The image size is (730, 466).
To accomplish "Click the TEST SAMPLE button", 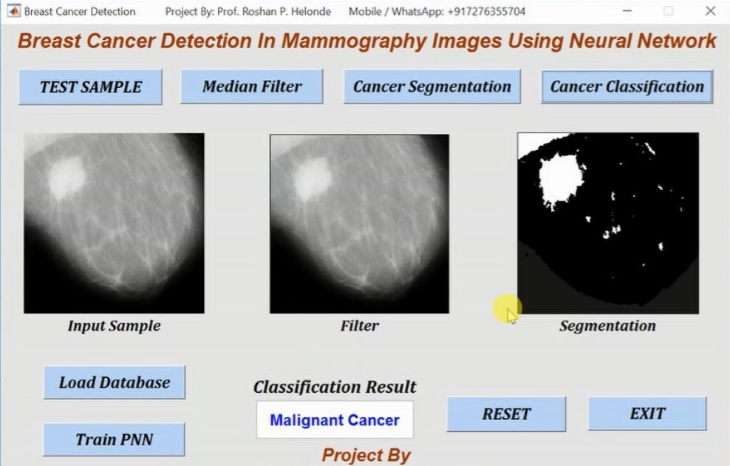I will (90, 87).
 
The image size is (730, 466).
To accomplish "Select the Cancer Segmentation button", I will (431, 87).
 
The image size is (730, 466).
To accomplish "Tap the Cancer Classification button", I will (627, 87).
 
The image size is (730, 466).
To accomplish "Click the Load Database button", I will (115, 382).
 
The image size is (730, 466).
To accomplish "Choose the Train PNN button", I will (115, 440).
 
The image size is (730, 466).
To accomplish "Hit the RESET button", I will (506, 414).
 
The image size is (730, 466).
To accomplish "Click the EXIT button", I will (647, 414).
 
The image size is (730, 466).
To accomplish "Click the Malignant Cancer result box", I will (335, 420).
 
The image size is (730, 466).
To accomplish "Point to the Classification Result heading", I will (335, 387).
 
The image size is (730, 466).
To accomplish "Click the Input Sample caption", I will (114, 326).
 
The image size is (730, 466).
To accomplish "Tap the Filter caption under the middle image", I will (359, 326).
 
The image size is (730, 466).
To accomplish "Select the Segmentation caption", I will (607, 326).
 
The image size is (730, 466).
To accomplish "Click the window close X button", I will (710, 11).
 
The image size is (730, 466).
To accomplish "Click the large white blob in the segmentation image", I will (560, 178).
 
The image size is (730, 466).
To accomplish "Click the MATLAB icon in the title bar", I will (13, 11).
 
